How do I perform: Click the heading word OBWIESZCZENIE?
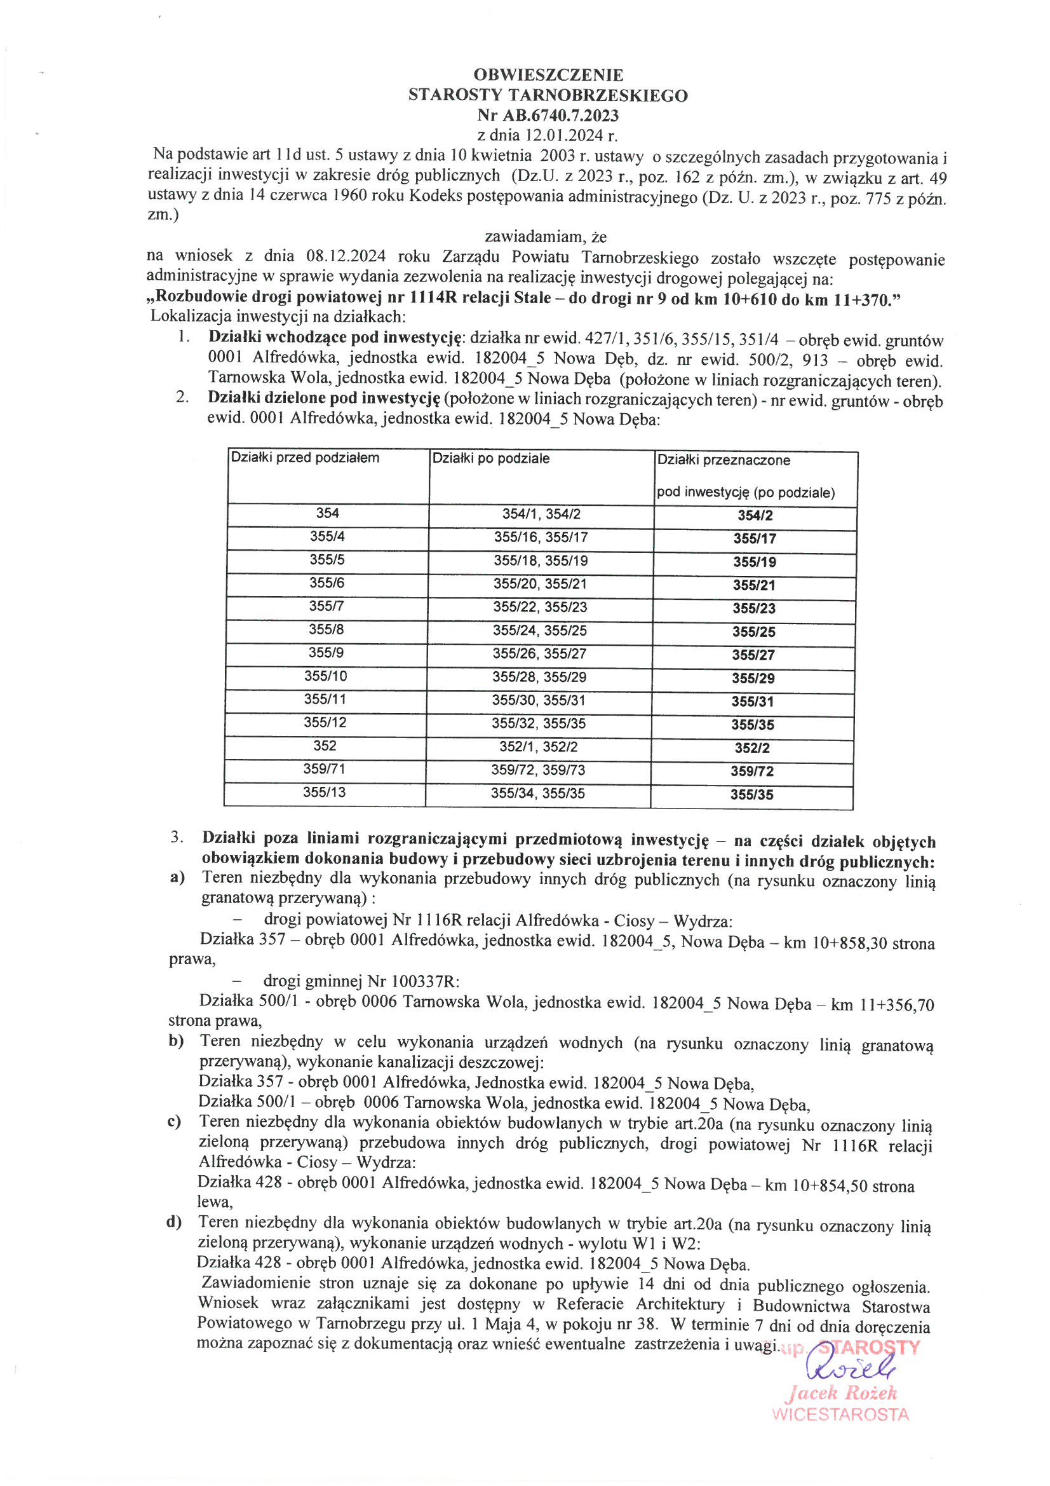pos(548,75)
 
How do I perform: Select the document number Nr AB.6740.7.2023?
pos(548,116)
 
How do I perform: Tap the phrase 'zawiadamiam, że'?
pos(546,237)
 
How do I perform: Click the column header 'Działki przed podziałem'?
pos(306,458)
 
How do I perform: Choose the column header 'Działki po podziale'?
pos(491,459)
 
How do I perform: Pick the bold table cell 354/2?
pos(755,516)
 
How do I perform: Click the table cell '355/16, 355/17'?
pos(541,537)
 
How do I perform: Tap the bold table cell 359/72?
pos(752,772)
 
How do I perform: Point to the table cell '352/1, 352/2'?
pos(538,747)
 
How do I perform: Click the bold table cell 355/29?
pos(754,678)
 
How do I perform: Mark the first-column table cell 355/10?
pos(325,676)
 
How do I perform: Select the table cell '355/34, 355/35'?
pos(537,793)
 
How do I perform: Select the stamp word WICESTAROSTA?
pos(840,1415)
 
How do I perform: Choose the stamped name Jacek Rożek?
pos(841,1393)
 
